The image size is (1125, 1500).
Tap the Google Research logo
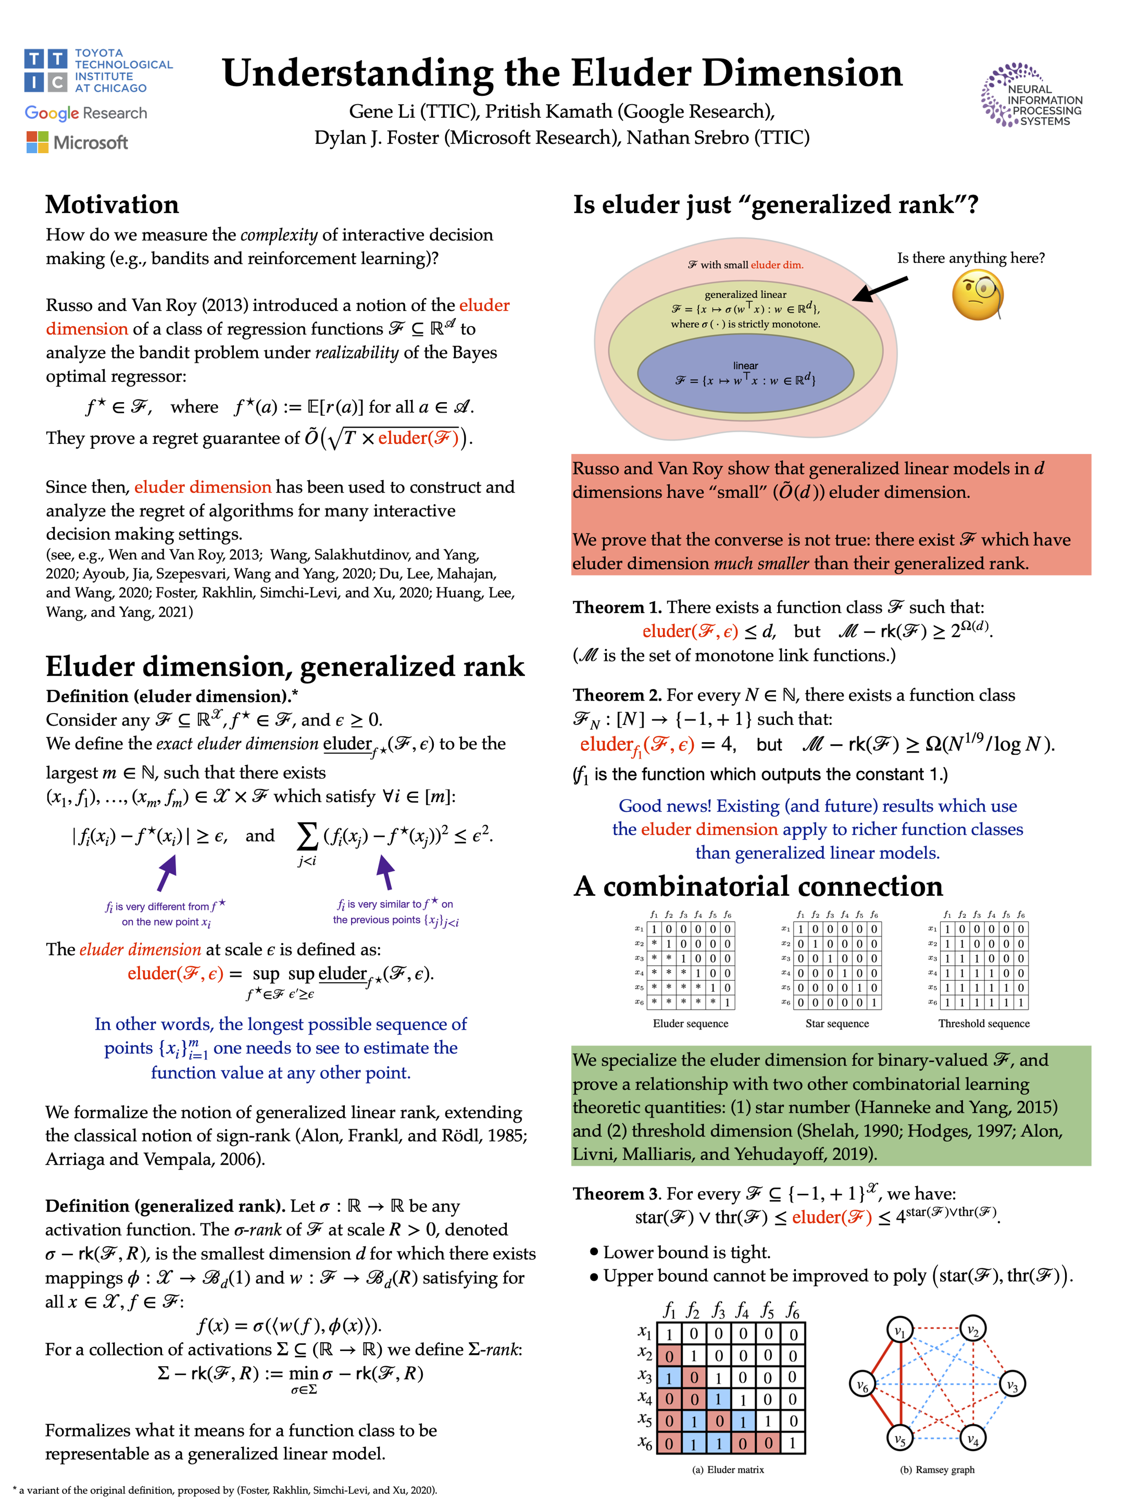coord(85,113)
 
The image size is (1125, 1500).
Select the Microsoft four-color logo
coord(37,142)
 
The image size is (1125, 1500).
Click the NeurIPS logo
coord(1031,95)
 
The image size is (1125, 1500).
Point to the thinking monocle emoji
coord(977,295)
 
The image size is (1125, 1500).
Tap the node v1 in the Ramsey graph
coord(900,1331)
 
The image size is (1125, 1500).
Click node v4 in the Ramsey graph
coord(973,1437)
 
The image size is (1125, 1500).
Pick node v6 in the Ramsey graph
coord(863,1384)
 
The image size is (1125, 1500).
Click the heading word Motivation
coord(112,204)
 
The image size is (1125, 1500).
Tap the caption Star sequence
coord(837,1023)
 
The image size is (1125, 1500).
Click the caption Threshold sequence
coord(983,1023)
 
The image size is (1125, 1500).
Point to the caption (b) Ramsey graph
coord(936,1469)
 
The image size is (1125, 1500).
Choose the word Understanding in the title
coord(357,73)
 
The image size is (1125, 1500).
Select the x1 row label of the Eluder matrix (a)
coord(644,1332)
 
